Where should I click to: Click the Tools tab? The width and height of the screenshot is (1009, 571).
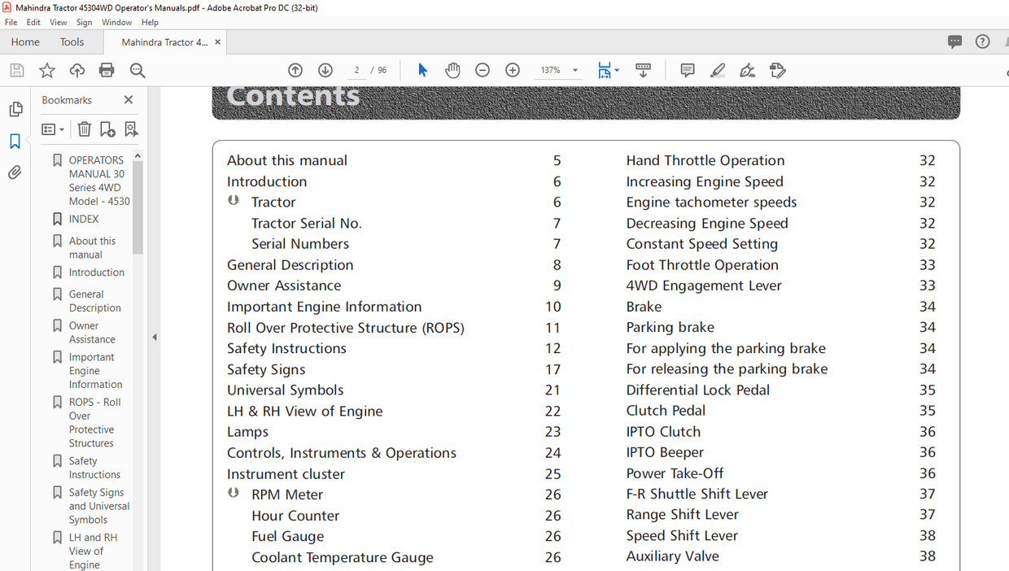(x=72, y=42)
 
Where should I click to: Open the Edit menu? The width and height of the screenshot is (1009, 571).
(x=33, y=23)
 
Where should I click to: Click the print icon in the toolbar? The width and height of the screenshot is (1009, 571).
(x=107, y=71)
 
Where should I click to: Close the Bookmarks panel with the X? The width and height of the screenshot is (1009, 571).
(x=129, y=100)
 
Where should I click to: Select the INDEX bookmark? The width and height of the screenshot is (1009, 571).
(x=84, y=219)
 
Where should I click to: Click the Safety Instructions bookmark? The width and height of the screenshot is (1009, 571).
(x=94, y=468)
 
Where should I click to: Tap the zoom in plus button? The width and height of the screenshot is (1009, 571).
(x=513, y=71)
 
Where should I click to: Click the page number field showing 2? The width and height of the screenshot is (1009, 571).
(x=357, y=71)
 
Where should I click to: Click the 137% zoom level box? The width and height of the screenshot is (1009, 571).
(x=551, y=71)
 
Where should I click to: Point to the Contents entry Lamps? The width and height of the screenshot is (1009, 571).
(x=247, y=432)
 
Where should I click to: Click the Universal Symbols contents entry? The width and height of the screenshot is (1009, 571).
(x=285, y=390)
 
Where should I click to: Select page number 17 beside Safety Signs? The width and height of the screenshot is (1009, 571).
(x=553, y=369)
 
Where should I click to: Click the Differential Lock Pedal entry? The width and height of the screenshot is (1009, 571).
(x=697, y=390)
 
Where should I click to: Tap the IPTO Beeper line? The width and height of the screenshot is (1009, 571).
(x=665, y=452)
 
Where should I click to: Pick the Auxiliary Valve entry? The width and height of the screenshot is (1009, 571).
(x=672, y=556)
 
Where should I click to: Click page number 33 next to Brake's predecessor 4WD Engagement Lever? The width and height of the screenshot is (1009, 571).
(x=927, y=285)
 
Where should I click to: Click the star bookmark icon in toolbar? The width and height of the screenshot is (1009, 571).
(x=47, y=71)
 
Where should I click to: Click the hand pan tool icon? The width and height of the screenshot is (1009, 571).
(x=452, y=71)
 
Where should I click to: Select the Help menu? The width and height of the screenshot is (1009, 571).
(x=150, y=23)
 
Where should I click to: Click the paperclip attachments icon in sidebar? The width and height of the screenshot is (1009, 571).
(x=15, y=172)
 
